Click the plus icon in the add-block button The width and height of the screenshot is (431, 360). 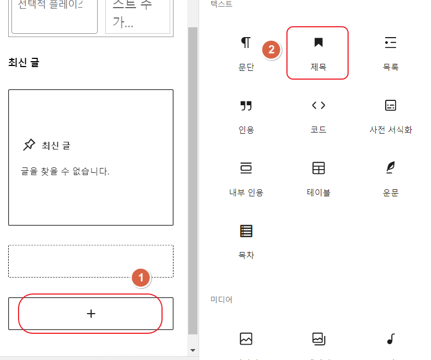pyautogui.click(x=91, y=314)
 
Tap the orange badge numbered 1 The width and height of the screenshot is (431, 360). pyautogui.click(x=141, y=277)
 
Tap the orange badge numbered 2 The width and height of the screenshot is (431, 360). pyautogui.click(x=271, y=50)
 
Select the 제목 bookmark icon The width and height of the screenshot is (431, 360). pyautogui.click(x=318, y=43)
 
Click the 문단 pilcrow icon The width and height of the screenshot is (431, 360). pyautogui.click(x=246, y=43)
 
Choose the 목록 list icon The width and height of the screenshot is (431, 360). pyautogui.click(x=390, y=43)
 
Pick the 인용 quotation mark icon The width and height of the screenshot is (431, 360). pyautogui.click(x=246, y=105)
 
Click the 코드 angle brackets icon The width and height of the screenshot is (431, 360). pyautogui.click(x=318, y=105)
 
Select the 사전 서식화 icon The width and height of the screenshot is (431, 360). pyautogui.click(x=390, y=105)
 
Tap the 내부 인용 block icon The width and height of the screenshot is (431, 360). pyautogui.click(x=246, y=168)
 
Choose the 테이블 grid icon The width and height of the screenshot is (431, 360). pyautogui.click(x=318, y=168)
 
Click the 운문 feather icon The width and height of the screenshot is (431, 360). pyautogui.click(x=390, y=168)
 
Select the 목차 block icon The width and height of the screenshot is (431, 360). pyautogui.click(x=246, y=231)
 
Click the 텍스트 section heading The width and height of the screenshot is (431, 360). pyautogui.click(x=222, y=4)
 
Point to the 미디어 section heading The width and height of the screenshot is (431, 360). pyautogui.click(x=222, y=299)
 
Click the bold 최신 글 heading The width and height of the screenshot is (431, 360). pyautogui.click(x=23, y=62)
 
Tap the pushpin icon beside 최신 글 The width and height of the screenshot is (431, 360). pyautogui.click(x=29, y=145)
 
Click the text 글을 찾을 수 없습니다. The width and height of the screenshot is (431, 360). pyautogui.click(x=62, y=171)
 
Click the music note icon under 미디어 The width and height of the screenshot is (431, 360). pyautogui.click(x=390, y=339)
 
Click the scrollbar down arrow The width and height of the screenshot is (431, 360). pyautogui.click(x=192, y=350)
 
